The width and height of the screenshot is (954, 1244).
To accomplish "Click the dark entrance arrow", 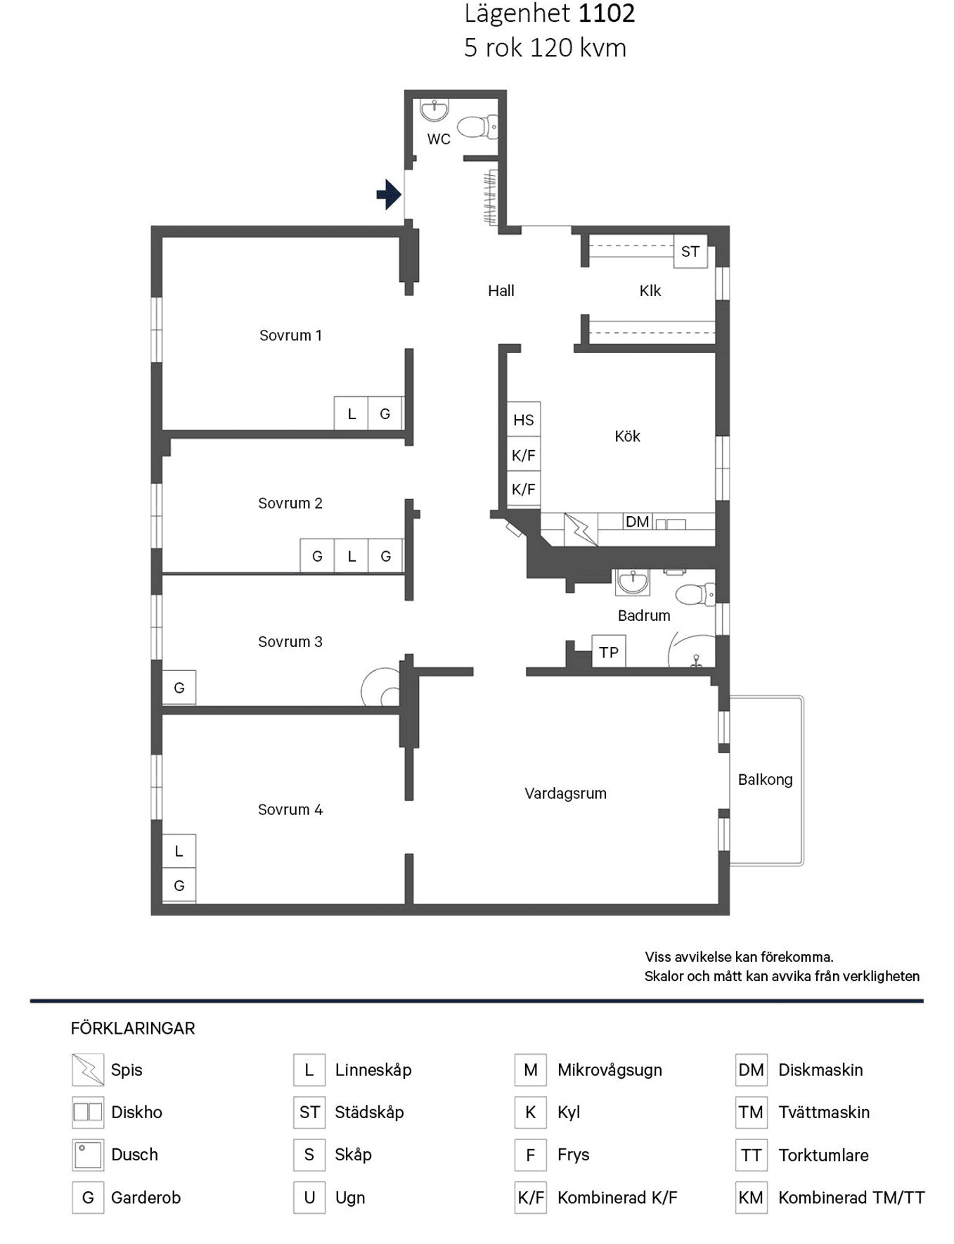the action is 389,194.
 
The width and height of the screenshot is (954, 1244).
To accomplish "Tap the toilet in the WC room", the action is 478,127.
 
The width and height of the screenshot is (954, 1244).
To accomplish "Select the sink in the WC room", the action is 434,110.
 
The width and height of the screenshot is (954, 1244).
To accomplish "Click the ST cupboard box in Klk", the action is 690,251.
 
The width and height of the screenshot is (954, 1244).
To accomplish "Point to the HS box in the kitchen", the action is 524,420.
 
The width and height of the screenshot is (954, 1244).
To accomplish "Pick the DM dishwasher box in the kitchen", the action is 638,521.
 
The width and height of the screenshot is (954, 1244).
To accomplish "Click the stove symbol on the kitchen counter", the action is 581,530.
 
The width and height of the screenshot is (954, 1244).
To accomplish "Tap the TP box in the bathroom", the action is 609,652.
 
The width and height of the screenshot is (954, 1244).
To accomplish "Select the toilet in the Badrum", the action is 695,594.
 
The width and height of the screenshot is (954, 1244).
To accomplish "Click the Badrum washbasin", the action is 633,582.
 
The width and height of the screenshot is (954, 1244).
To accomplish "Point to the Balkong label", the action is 765,779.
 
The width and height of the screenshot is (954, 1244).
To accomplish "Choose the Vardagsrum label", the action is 565,793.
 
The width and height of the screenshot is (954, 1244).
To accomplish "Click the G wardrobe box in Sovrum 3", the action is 179,688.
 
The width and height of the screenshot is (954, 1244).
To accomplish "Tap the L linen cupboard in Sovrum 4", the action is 179,851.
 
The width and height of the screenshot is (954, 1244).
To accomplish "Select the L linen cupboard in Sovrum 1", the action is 352,413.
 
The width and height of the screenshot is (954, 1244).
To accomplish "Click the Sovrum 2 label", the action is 290,504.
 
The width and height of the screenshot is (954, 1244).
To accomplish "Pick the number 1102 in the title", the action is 607,13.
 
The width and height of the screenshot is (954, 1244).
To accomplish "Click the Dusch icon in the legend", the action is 88,1155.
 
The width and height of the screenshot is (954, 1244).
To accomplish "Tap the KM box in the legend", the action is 751,1197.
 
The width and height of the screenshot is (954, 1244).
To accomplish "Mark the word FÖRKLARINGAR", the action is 133,1028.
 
